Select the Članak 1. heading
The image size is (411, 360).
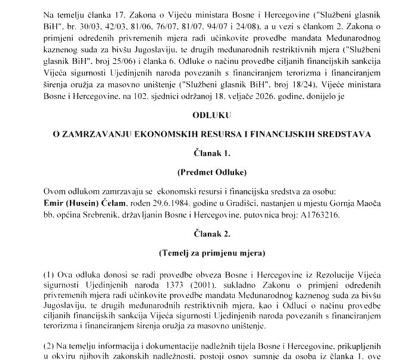205,154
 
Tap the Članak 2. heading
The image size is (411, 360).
205,234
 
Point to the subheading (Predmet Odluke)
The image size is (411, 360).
205,173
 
